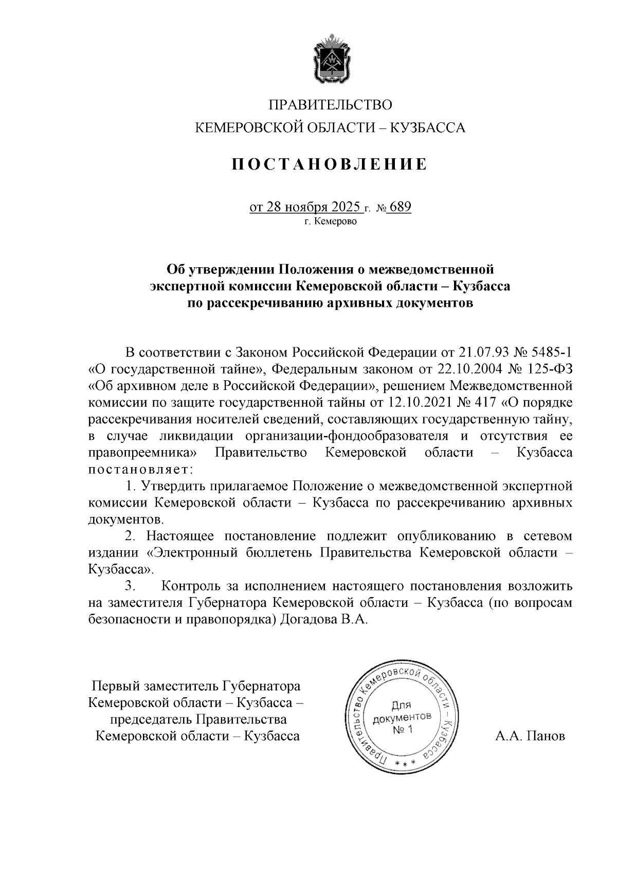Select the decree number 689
(x=401, y=207)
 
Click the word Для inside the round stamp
(x=402, y=706)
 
